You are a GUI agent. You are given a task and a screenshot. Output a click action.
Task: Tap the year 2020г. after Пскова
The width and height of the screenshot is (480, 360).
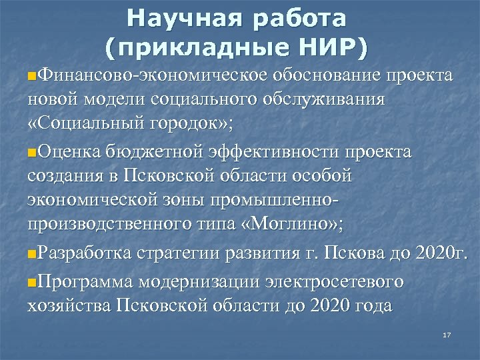click(x=441, y=254)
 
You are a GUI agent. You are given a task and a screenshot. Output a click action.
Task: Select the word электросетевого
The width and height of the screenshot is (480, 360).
click(x=340, y=281)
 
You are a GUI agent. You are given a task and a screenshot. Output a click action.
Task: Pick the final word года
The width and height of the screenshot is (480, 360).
click(x=372, y=305)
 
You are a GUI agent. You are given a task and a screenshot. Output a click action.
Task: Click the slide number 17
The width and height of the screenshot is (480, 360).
click(x=447, y=335)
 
